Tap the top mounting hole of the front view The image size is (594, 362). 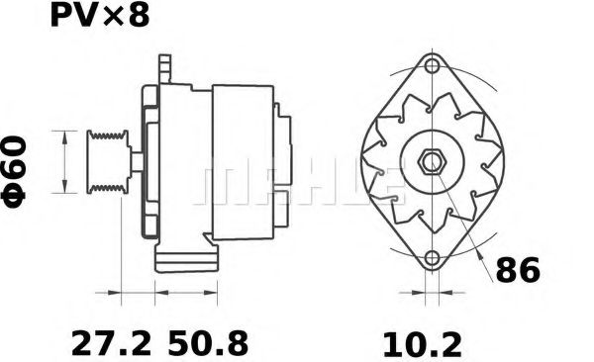(432, 66)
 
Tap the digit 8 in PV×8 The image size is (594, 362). (141, 17)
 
